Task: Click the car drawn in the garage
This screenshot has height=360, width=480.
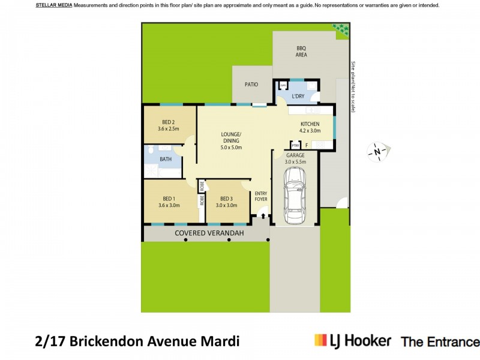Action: click(x=294, y=194)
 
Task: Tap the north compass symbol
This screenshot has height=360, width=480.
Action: click(x=377, y=152)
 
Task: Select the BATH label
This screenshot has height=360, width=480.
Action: click(x=166, y=159)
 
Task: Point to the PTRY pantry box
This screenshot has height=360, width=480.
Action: click(x=295, y=145)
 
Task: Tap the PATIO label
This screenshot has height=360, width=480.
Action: click(x=251, y=85)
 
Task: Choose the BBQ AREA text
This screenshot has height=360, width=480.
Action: click(x=301, y=51)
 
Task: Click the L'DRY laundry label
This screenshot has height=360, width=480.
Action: click(x=298, y=96)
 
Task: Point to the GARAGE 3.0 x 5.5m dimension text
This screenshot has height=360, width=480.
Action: click(x=295, y=161)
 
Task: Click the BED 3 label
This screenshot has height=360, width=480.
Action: click(x=226, y=199)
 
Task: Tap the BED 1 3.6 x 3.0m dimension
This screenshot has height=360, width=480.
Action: click(x=169, y=205)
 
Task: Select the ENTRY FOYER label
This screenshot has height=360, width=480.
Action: click(x=260, y=196)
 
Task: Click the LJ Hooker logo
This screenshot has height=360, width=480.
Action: click(x=353, y=341)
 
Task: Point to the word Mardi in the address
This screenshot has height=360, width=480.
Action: click(x=219, y=341)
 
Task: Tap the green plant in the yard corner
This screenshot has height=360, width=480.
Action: click(x=341, y=29)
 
